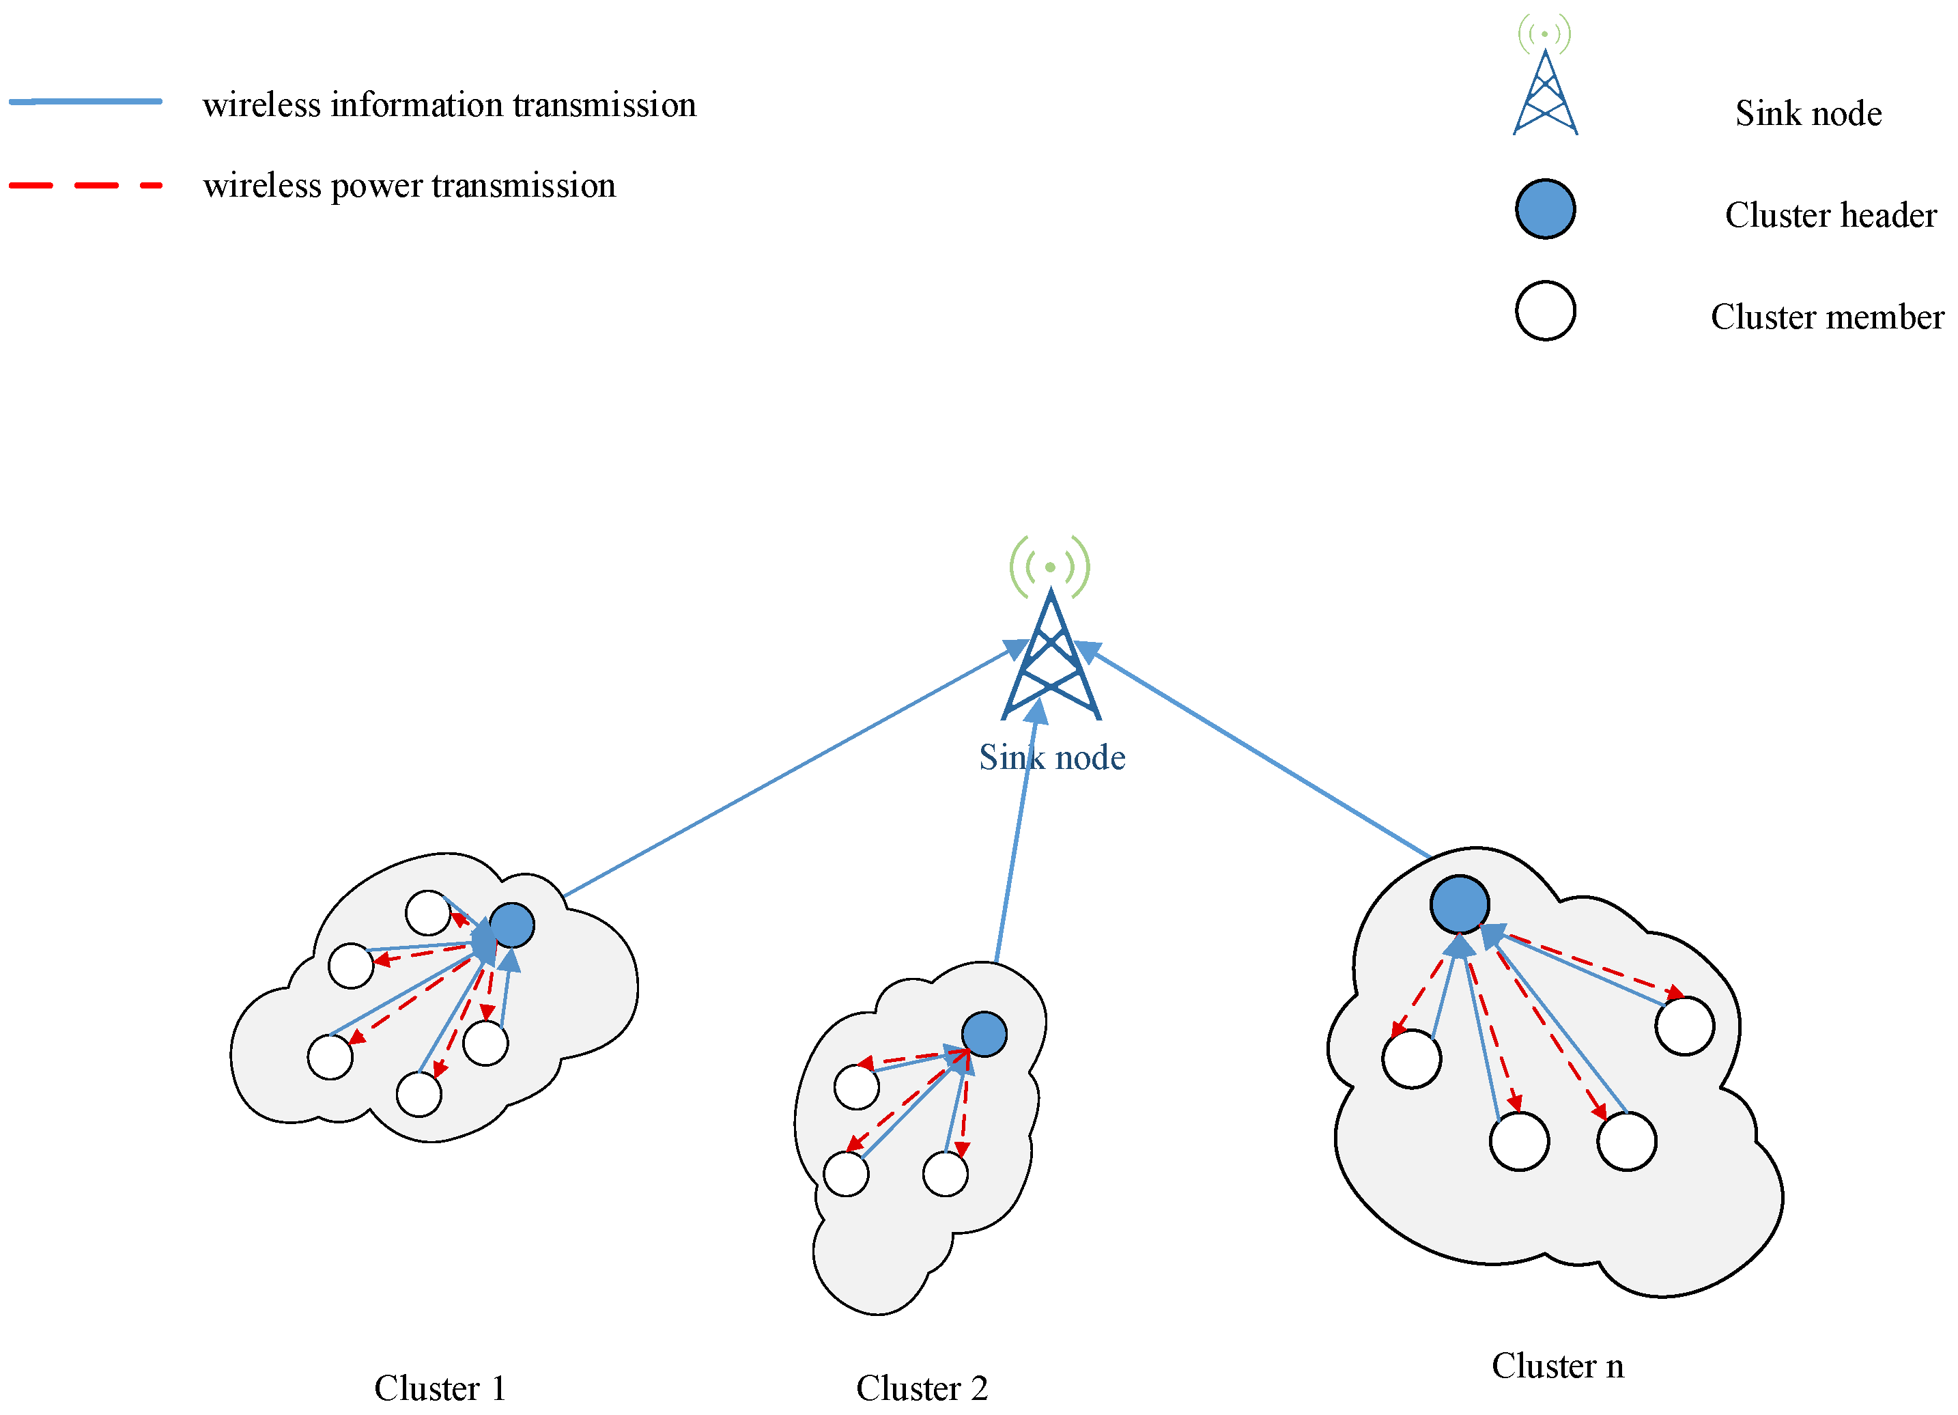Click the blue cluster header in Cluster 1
coord(511,925)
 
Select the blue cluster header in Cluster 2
coord(984,1034)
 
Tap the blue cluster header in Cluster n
coord(1459,904)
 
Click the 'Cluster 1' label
coord(440,1388)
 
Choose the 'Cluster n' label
coord(1557,1366)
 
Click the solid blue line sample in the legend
coord(85,102)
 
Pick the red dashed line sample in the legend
coord(85,185)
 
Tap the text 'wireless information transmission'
coord(449,104)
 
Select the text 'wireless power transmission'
coord(409,186)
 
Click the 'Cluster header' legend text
coord(1830,215)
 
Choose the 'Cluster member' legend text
coord(1828,317)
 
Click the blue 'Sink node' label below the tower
coord(1051,757)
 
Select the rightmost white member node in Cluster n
coord(1684,1026)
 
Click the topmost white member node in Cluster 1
coord(427,912)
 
